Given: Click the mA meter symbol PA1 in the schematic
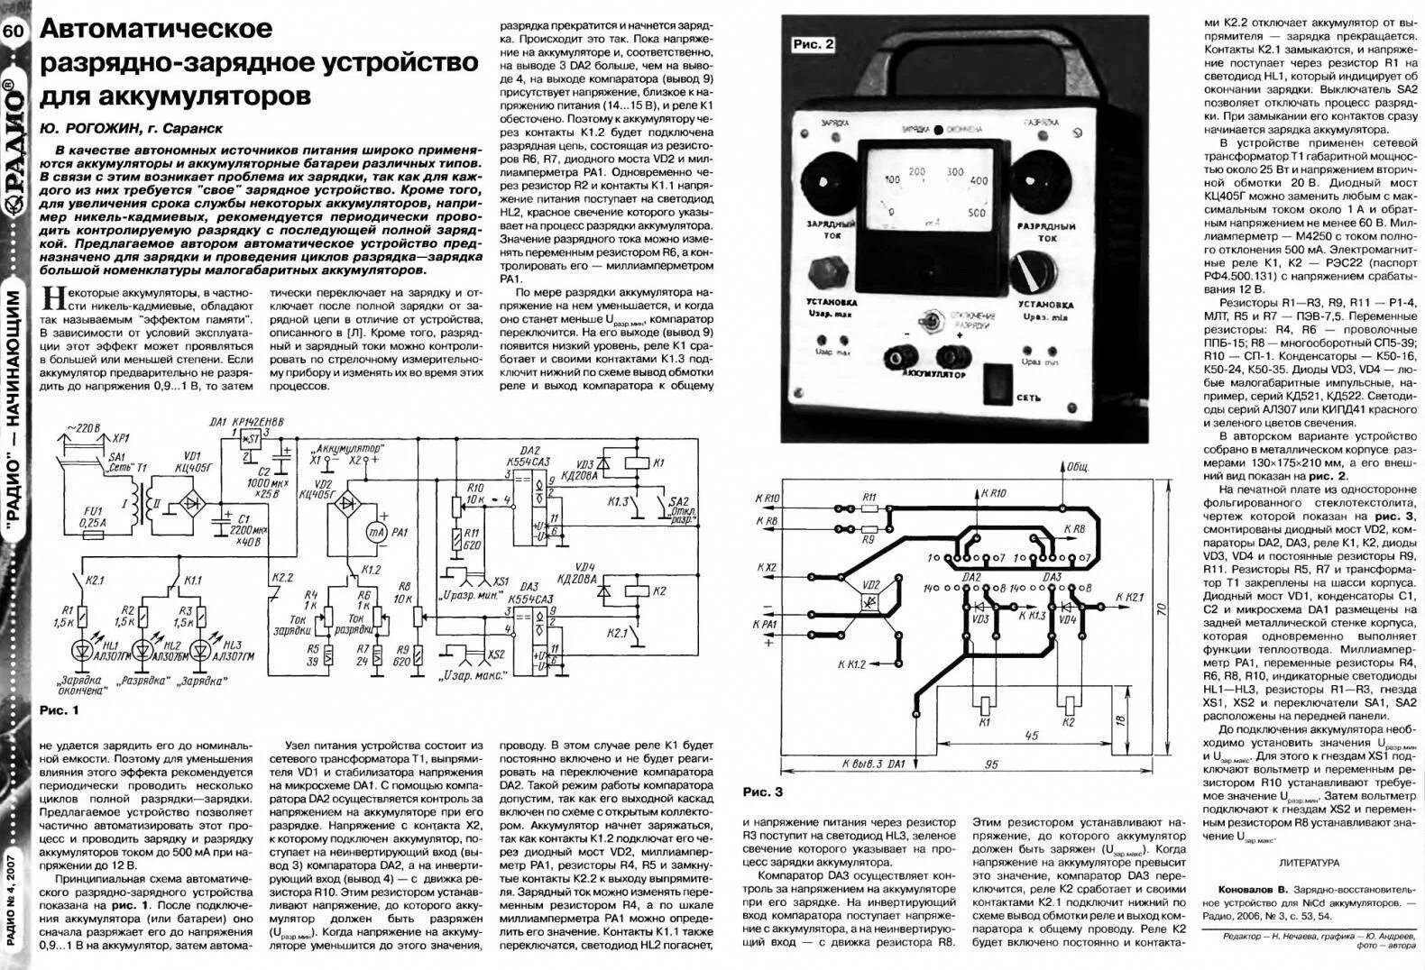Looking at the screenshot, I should [380, 533].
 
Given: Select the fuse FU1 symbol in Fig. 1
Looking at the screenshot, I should [91, 535].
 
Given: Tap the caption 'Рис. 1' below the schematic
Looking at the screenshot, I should [60, 711].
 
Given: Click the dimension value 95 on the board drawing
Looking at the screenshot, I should [991, 764].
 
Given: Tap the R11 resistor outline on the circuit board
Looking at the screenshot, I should [869, 508].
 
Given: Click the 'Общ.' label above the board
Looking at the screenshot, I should [1078, 468].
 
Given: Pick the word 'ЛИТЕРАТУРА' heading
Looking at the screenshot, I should [1309, 862].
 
